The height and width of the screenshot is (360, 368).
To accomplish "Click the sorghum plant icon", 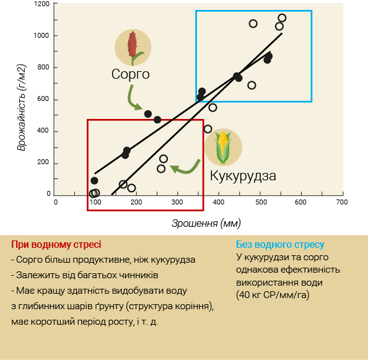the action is (x=133, y=48).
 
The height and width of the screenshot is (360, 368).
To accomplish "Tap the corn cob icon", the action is (x=223, y=147).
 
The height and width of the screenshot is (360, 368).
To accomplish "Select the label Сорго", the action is (x=131, y=74).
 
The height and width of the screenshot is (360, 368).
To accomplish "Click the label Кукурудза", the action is (x=243, y=176).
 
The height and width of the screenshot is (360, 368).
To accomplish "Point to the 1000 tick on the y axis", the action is (x=56, y=36).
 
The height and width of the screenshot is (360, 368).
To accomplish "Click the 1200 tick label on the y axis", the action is (x=42, y=4).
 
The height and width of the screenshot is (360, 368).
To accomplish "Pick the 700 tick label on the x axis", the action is (x=342, y=202).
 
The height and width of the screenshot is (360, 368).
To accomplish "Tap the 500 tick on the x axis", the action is (x=260, y=193).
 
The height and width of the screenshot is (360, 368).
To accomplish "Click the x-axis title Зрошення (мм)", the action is (x=206, y=223).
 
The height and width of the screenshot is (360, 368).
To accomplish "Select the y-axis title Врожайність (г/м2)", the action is (x=22, y=107).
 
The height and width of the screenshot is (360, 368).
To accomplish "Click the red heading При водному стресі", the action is (x=56, y=245).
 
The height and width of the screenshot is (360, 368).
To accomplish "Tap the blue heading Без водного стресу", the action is (x=280, y=245).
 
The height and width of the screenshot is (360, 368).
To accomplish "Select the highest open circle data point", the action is (x=282, y=18).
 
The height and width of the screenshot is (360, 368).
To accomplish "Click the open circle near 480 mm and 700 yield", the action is (x=252, y=85).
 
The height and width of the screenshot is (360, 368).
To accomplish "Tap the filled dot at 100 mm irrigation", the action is (x=94, y=181).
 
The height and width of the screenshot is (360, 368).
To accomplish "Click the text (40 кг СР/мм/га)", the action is (x=273, y=295).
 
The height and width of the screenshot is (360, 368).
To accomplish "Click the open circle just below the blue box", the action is (x=212, y=108).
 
